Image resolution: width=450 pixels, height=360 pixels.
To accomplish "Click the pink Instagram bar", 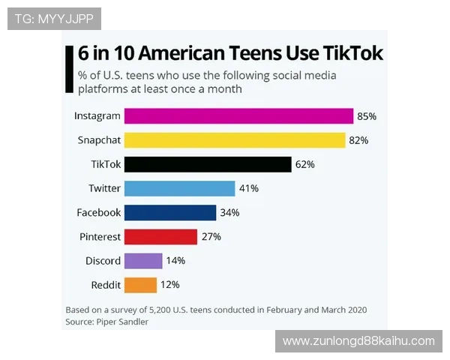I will tap(238, 116).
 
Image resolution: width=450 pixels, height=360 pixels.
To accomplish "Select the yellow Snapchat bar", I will tap(234, 140).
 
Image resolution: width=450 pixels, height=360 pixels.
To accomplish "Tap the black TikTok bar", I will tap(207, 164).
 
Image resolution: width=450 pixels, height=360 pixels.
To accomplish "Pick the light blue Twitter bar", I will tap(179, 188).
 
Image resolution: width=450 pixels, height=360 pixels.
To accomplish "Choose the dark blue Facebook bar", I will tap(169, 212).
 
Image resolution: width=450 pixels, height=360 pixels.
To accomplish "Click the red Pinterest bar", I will tap(160, 236).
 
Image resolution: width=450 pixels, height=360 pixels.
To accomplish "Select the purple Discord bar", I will tap(142, 260).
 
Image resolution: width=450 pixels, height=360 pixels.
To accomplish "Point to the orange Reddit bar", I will tap(140, 284).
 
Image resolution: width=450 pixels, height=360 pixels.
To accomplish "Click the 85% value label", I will tap(367, 116).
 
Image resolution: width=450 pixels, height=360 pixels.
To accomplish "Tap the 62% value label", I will tap(305, 164).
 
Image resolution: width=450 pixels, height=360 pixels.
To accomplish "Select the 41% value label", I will tap(249, 188).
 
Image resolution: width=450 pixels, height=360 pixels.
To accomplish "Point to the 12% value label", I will tap(170, 284).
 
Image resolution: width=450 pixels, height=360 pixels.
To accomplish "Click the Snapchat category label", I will tap(99, 140).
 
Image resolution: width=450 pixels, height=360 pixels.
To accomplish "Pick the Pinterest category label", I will tap(100, 236).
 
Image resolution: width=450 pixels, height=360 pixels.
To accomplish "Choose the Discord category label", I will tap(103, 260).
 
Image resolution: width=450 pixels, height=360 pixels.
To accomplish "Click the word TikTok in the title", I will tap(352, 53).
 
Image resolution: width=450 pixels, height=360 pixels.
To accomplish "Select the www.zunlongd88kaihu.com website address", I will tap(358, 341).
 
